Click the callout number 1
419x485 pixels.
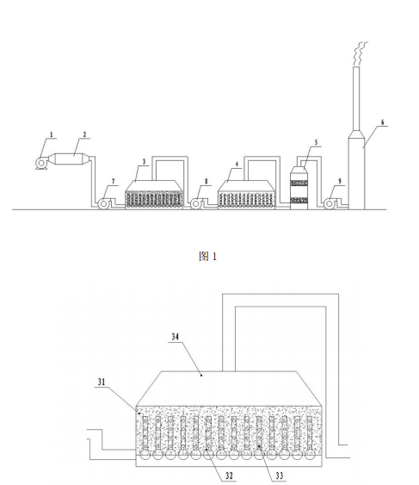[x=52, y=135]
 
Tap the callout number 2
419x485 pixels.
[x=84, y=134]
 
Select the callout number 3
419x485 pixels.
[x=144, y=161]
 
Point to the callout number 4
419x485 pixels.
[x=237, y=164]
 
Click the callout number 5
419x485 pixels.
[x=316, y=143]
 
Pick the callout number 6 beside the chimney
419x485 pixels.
[x=383, y=122]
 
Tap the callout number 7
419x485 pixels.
[x=113, y=181]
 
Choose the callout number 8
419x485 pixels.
[x=206, y=181]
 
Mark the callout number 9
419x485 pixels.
[x=340, y=181]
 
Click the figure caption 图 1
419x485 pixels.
[x=208, y=256]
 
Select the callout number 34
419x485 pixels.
[x=176, y=337]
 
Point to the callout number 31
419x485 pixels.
[x=102, y=382]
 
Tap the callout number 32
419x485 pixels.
[x=229, y=476]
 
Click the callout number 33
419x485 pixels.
[x=280, y=476]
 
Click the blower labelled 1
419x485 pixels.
[x=41, y=163]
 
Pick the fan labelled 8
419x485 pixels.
[x=197, y=204]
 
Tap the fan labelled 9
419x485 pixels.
[x=331, y=204]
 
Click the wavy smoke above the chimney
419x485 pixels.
[x=360, y=53]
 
